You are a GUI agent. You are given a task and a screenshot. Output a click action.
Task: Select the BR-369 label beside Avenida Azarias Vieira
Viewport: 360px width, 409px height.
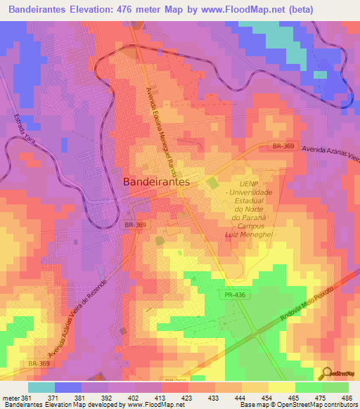click(282, 146)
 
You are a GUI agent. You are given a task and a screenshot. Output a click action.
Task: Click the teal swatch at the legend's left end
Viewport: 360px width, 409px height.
click(41, 387)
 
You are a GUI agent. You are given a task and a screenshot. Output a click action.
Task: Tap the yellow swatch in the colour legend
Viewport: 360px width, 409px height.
click(281, 387)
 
